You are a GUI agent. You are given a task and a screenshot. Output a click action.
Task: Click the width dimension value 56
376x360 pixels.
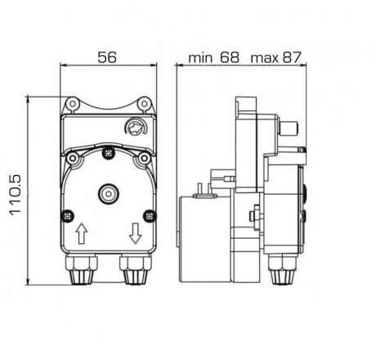pyautogui.click(x=106, y=58)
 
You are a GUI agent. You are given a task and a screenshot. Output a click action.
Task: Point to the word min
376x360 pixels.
pyautogui.click(x=200, y=58)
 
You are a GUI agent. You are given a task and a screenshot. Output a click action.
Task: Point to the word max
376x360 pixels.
pyautogui.click(x=263, y=58)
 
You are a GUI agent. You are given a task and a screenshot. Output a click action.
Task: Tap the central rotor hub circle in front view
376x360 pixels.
pyautogui.click(x=107, y=193)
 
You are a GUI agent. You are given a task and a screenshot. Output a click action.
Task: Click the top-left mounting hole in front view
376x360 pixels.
pyautogui.click(x=71, y=104)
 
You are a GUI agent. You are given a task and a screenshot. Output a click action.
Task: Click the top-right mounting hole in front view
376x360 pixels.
pyautogui.click(x=144, y=104)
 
